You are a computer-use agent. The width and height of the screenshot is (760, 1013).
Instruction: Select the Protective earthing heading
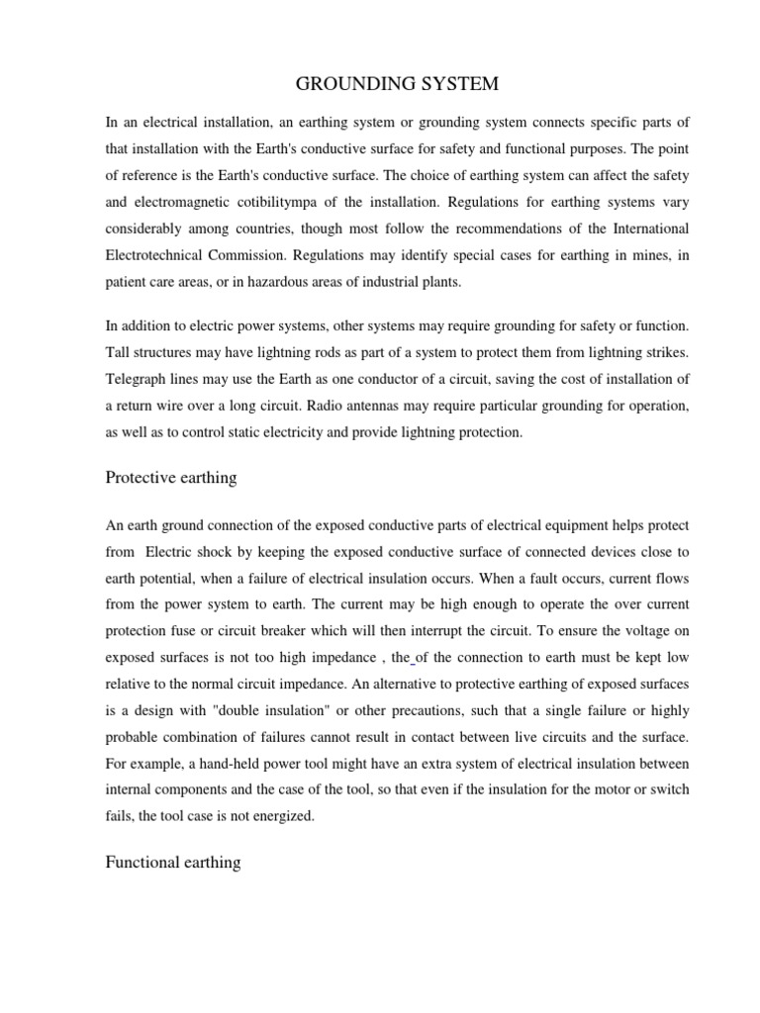[x=170, y=478]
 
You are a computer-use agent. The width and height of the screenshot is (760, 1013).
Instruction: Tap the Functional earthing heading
[x=172, y=863]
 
